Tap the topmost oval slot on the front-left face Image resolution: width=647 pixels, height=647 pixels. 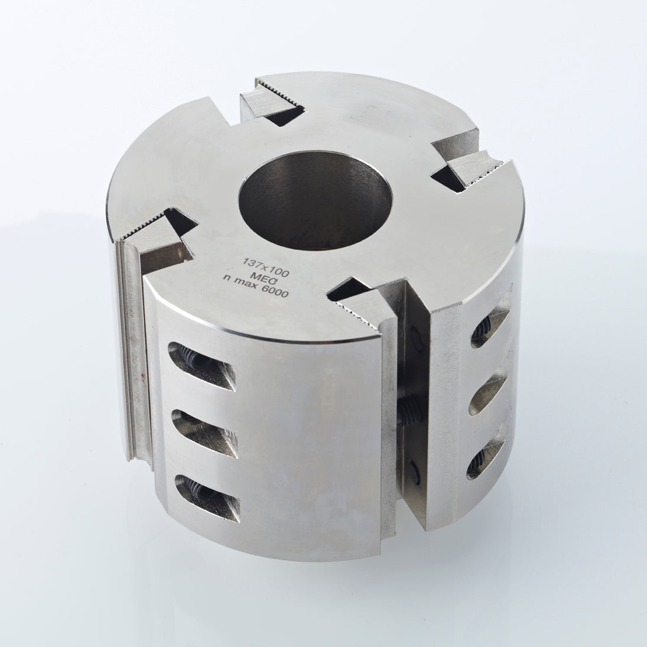tap(201, 366)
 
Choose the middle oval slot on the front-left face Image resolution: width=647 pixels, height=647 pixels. tap(204, 433)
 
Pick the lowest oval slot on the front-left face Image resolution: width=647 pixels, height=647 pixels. tap(207, 498)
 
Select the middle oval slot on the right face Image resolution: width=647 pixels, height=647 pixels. tap(487, 391)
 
